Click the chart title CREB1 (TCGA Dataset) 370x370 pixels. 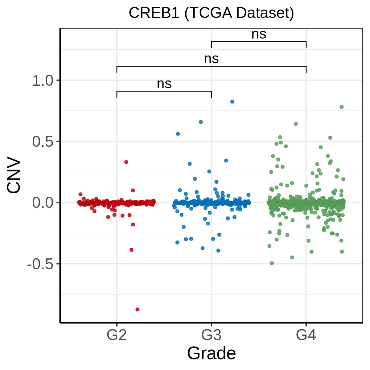click(x=211, y=13)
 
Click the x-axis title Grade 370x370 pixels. click(x=211, y=353)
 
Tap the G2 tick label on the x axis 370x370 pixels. click(x=117, y=335)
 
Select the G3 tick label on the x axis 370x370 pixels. click(x=211, y=335)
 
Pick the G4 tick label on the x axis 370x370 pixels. click(x=306, y=335)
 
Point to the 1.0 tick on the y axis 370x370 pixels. click(x=43, y=81)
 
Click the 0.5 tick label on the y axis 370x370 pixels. click(x=43, y=142)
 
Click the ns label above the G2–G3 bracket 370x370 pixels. click(x=164, y=84)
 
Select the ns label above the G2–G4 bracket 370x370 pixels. click(x=211, y=59)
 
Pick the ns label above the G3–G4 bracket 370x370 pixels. click(x=259, y=34)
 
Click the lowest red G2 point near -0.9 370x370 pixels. click(x=138, y=309)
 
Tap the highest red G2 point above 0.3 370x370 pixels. click(x=126, y=162)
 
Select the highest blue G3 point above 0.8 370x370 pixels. click(x=232, y=101)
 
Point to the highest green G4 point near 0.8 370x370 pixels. click(x=342, y=107)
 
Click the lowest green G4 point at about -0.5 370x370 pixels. click(x=272, y=263)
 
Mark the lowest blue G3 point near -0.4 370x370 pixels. click(x=218, y=250)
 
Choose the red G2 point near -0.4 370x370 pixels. click(x=131, y=250)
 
